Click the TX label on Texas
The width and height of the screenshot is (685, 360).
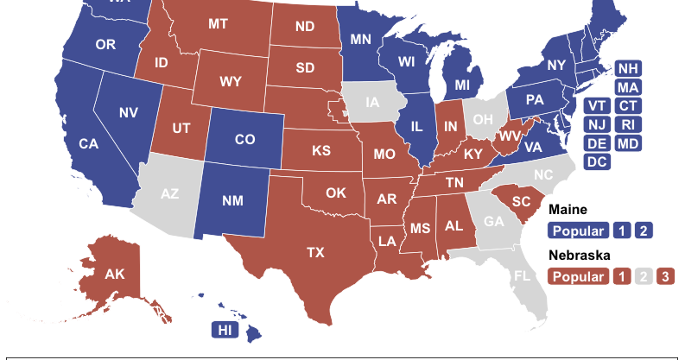pos(315,253)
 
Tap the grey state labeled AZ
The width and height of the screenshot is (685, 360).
pos(169,193)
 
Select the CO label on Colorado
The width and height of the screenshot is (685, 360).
pos(245,139)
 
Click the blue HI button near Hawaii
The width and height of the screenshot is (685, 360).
pos(225,330)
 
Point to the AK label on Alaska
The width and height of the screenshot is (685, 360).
pos(115,275)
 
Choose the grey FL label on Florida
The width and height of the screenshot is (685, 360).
pos(522,277)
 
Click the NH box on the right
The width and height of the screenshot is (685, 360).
pos(628,68)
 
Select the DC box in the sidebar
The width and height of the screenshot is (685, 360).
pos(596,161)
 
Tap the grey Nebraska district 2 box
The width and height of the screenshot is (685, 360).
pos(642,277)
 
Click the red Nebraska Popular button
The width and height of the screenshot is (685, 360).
pos(576,277)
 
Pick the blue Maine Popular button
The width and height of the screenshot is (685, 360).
pos(576,231)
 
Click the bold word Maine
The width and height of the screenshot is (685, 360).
pos(568,210)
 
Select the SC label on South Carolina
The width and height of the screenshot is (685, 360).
pos(521,200)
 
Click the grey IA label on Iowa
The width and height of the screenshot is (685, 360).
pos(372,103)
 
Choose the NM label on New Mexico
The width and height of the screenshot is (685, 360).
pos(231,201)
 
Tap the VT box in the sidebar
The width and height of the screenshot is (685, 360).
pos(596,105)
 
